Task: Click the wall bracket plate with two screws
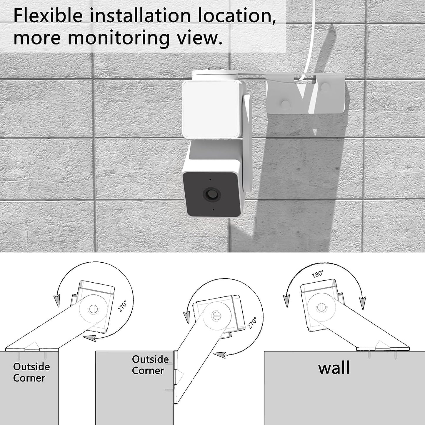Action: pyautogui.click(x=306, y=97)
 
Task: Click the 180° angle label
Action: pyautogui.click(x=318, y=274)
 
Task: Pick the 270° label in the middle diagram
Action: pyautogui.click(x=252, y=323)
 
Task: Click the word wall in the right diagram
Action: pyautogui.click(x=334, y=368)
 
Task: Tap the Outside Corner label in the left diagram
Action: pyautogui.click(x=31, y=372)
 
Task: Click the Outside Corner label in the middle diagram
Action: pyautogui.click(x=150, y=365)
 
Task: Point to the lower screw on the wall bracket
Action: pyautogui.click(x=285, y=104)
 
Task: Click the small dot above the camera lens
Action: pyautogui.click(x=210, y=179)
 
